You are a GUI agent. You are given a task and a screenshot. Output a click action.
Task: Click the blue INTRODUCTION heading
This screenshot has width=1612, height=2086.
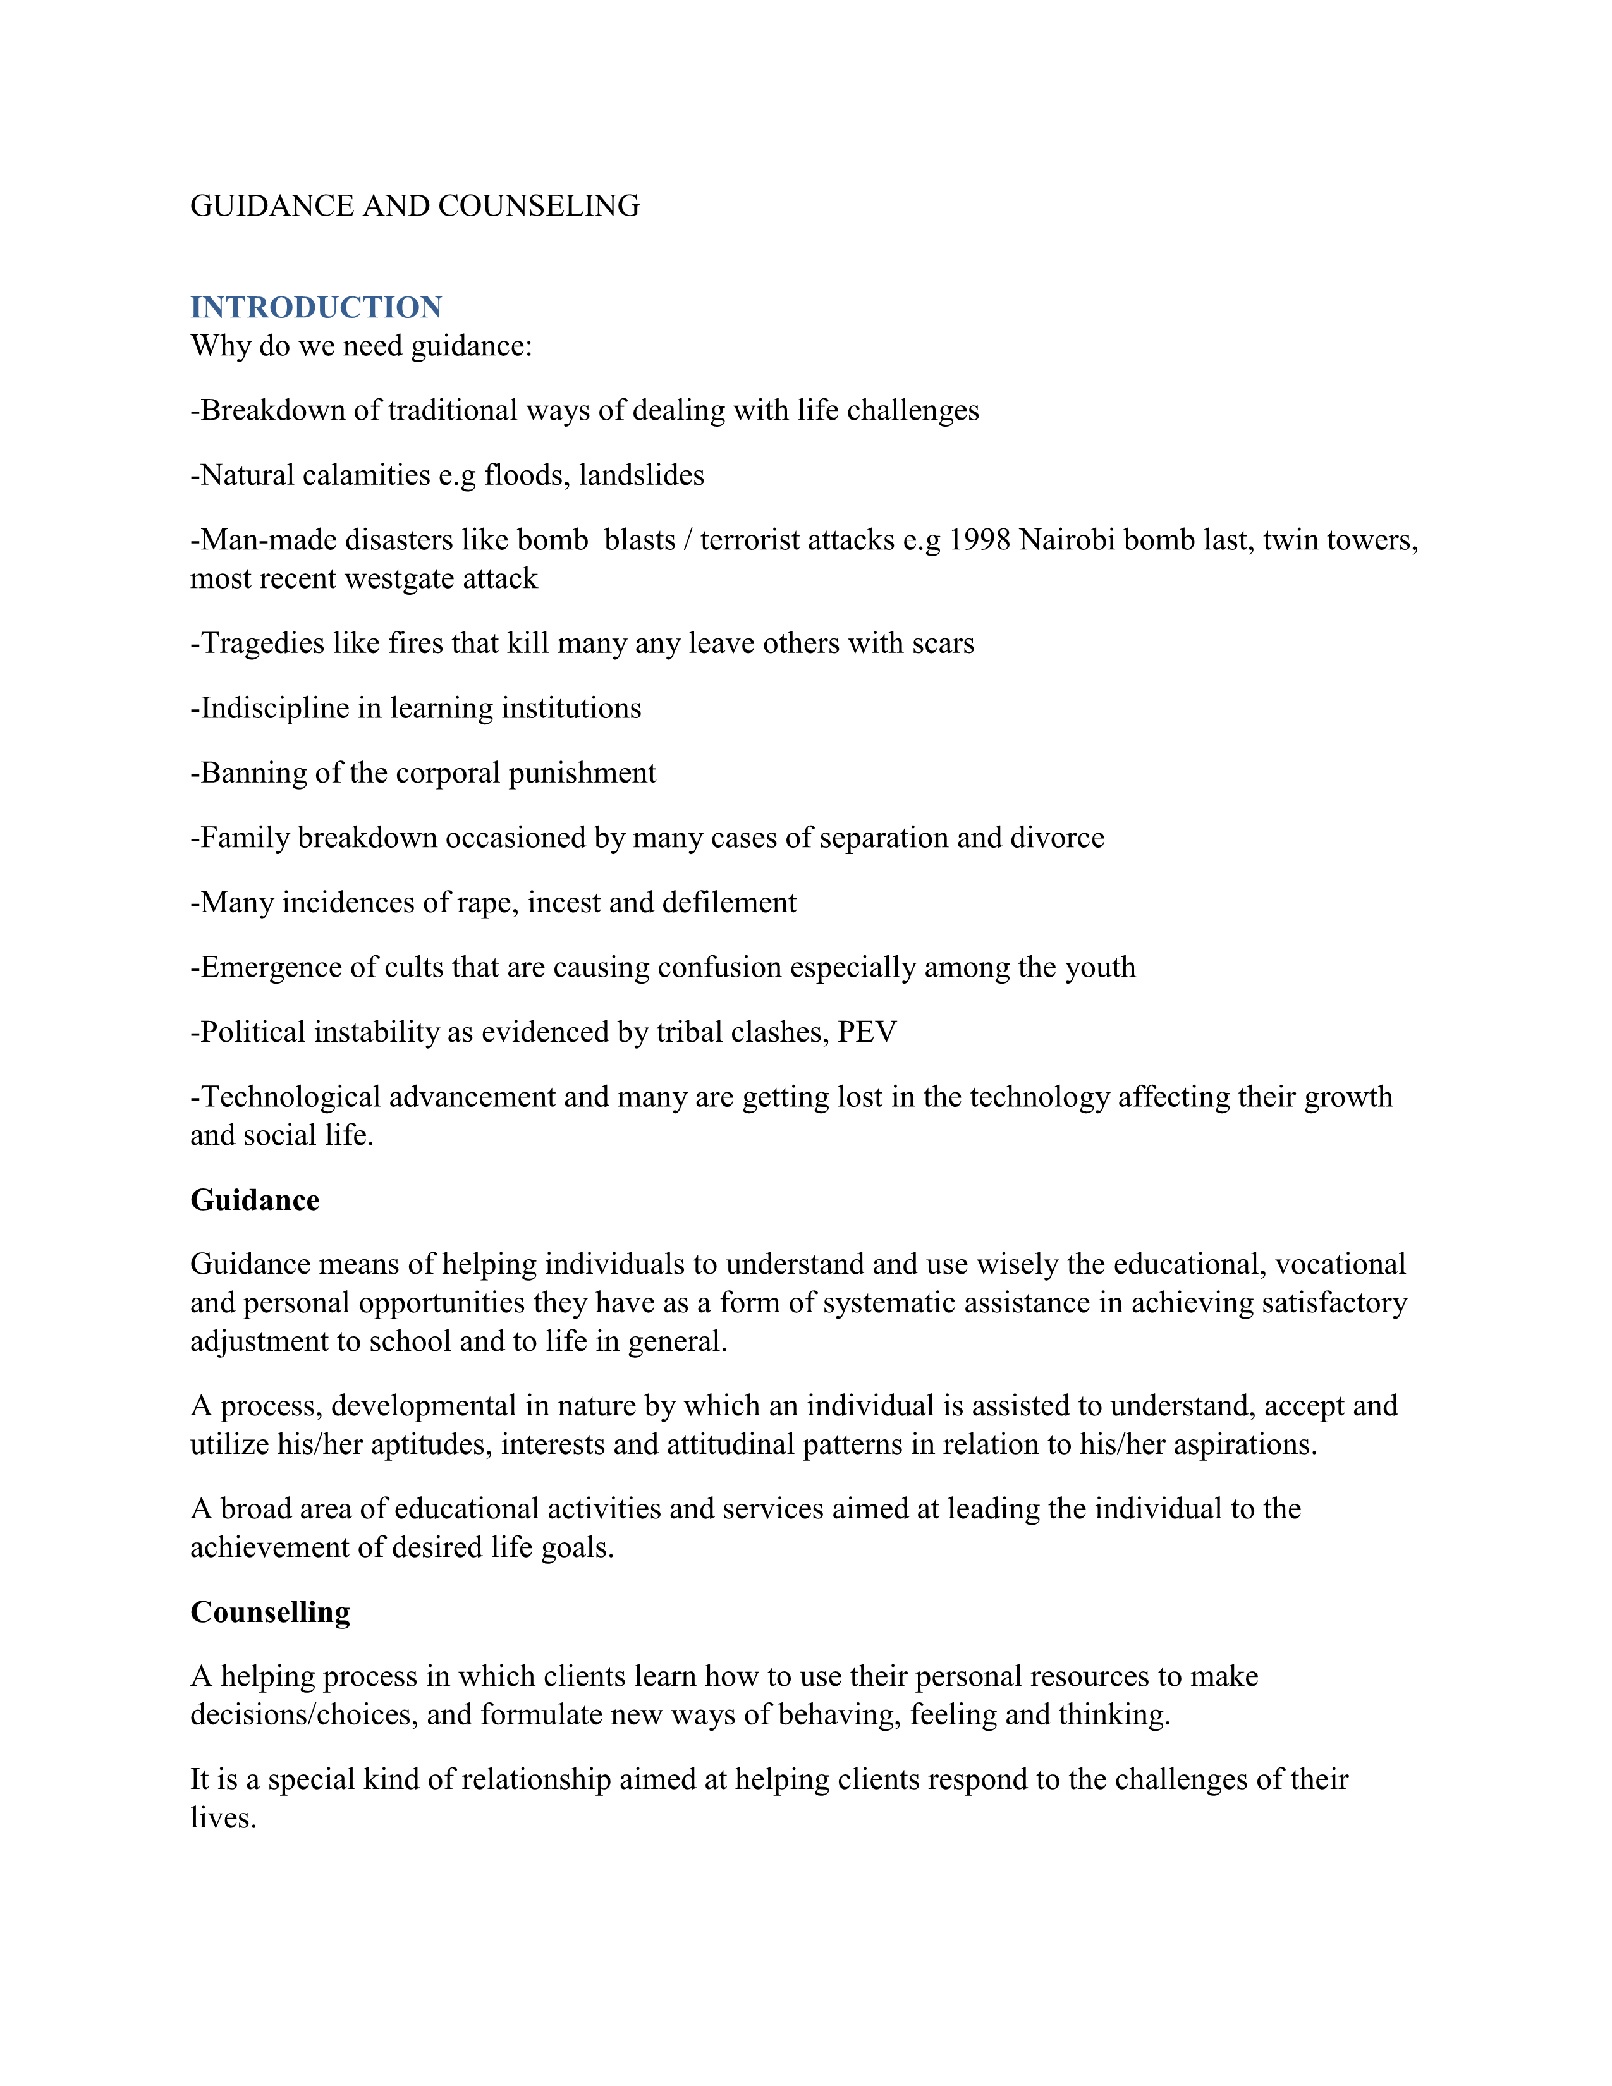(x=316, y=308)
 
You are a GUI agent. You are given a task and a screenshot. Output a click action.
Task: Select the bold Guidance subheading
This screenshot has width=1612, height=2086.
(x=255, y=1200)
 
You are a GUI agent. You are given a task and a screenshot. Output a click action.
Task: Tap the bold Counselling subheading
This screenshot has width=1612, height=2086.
(x=271, y=1613)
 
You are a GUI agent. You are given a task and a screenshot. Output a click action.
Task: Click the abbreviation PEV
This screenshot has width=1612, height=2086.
(x=867, y=1032)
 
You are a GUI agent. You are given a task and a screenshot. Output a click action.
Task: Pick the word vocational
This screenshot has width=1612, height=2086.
(x=1341, y=1265)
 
